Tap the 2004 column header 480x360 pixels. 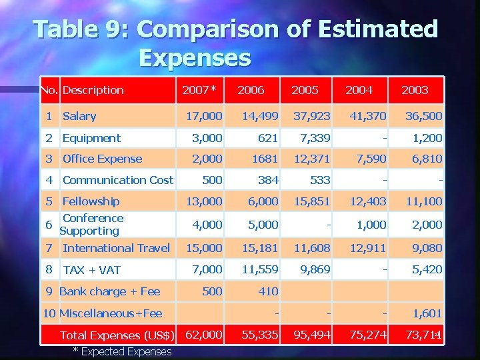point(359,90)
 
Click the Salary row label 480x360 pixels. point(79,117)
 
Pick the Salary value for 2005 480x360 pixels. point(311,117)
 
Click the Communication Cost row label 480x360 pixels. point(117,180)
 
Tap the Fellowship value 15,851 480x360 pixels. point(311,201)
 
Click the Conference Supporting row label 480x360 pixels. point(91,225)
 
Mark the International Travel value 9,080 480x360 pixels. point(427,248)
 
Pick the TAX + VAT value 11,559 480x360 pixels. point(260,269)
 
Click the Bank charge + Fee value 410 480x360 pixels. point(268,291)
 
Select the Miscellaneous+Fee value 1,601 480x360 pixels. point(427,313)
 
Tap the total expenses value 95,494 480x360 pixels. point(311,335)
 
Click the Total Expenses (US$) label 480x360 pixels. point(117,335)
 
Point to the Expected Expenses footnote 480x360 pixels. point(122,351)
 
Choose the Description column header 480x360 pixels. point(93,90)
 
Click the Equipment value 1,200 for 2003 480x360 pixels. point(427,138)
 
